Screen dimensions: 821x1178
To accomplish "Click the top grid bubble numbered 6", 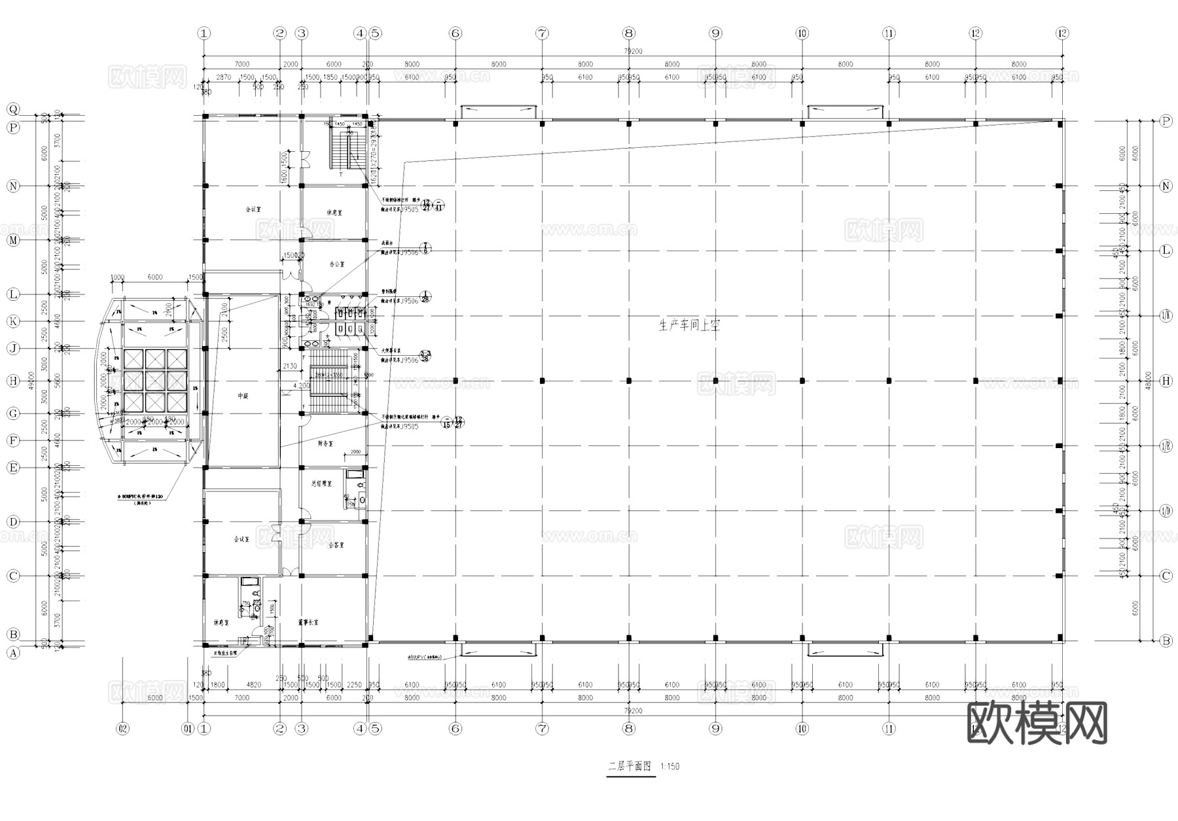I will [x=455, y=33].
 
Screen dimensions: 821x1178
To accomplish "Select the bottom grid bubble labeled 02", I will [x=122, y=728].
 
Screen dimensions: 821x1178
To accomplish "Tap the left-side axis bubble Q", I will [x=13, y=109].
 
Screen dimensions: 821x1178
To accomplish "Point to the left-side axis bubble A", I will [x=13, y=652].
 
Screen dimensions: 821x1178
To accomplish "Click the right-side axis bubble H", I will [x=1166, y=381].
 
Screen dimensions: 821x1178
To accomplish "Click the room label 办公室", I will [x=336, y=265].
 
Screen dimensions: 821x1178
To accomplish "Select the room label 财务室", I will [x=325, y=444].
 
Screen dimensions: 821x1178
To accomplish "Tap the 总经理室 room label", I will [x=321, y=484].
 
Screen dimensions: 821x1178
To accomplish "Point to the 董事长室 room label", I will [x=308, y=623].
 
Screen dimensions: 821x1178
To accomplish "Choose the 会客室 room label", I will [x=336, y=545].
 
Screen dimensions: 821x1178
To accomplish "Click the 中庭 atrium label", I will [x=243, y=396].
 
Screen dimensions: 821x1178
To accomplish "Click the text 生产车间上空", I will [x=689, y=325].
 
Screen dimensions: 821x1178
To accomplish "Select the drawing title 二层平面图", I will [x=630, y=765].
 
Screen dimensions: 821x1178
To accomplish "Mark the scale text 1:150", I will [x=669, y=766].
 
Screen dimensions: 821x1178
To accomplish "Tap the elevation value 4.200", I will [x=301, y=386].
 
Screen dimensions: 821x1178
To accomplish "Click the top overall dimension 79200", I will [x=633, y=51].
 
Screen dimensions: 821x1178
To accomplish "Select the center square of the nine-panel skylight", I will [x=155, y=381].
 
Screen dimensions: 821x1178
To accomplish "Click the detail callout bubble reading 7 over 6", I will [x=426, y=248].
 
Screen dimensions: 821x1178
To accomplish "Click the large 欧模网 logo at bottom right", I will [x=1037, y=723].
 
